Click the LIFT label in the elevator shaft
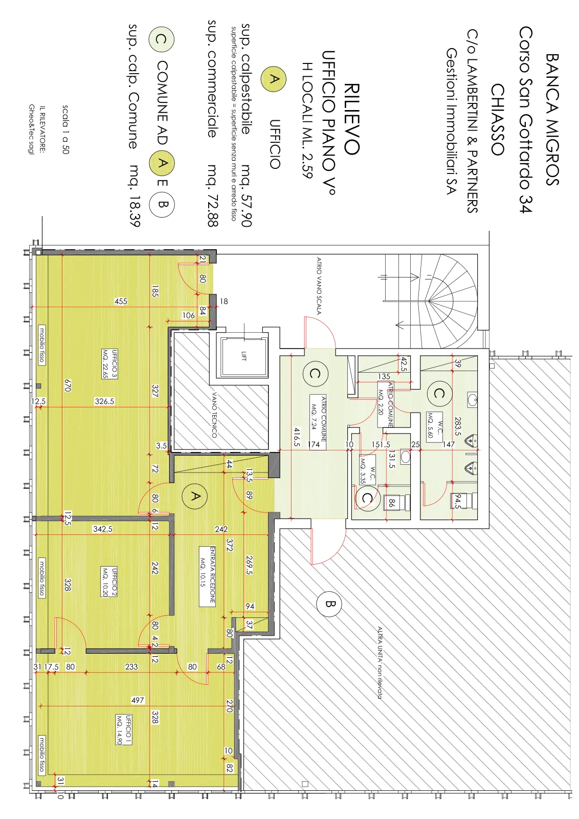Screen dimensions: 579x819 coord(243,356)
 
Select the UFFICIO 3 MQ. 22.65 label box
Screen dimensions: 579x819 coord(110,364)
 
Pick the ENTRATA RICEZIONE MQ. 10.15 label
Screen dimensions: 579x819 coord(207,576)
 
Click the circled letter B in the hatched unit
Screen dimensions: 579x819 coord(329,604)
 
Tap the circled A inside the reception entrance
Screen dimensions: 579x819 coord(195,496)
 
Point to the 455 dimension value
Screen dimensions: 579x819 coord(121,301)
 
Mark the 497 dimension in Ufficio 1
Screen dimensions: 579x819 coord(138,700)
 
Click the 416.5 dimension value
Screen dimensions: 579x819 coord(297,437)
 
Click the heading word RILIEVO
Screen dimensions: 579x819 coord(352,119)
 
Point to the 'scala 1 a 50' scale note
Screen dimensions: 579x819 coord(65,130)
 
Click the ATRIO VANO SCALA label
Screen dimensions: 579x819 coord(319,286)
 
